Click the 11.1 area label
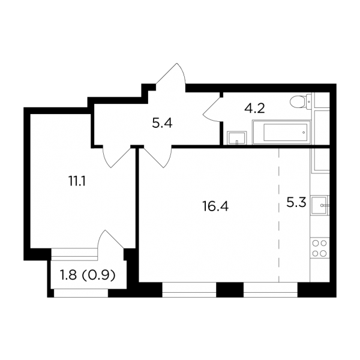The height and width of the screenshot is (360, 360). click(x=77, y=182)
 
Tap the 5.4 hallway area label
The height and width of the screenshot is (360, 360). click(x=162, y=124)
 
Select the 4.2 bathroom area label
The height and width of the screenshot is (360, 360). click(x=254, y=108)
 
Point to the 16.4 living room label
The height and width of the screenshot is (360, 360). click(x=215, y=206)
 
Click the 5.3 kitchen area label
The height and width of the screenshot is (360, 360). click(x=296, y=203)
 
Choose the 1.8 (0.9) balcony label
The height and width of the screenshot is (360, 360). click(x=87, y=275)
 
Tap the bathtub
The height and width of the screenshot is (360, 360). click(x=281, y=132)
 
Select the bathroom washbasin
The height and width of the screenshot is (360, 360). click(x=237, y=138)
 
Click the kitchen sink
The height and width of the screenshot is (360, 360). click(x=320, y=205)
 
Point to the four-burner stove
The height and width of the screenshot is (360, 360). click(x=320, y=248)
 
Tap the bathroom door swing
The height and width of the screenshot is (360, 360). click(x=212, y=109)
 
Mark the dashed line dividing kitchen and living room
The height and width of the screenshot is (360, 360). click(x=279, y=215)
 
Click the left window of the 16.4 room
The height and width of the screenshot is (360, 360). click(x=189, y=290)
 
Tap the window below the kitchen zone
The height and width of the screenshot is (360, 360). click(x=271, y=290)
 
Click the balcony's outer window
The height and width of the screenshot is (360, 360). click(x=81, y=293)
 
